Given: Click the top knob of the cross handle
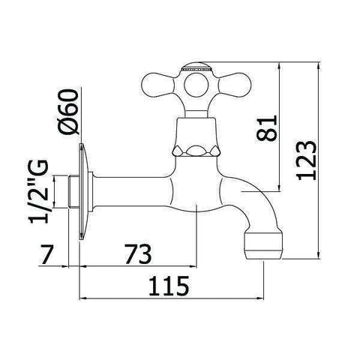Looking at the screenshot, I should click(193, 68).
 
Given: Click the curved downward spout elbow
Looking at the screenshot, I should click(247, 206).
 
